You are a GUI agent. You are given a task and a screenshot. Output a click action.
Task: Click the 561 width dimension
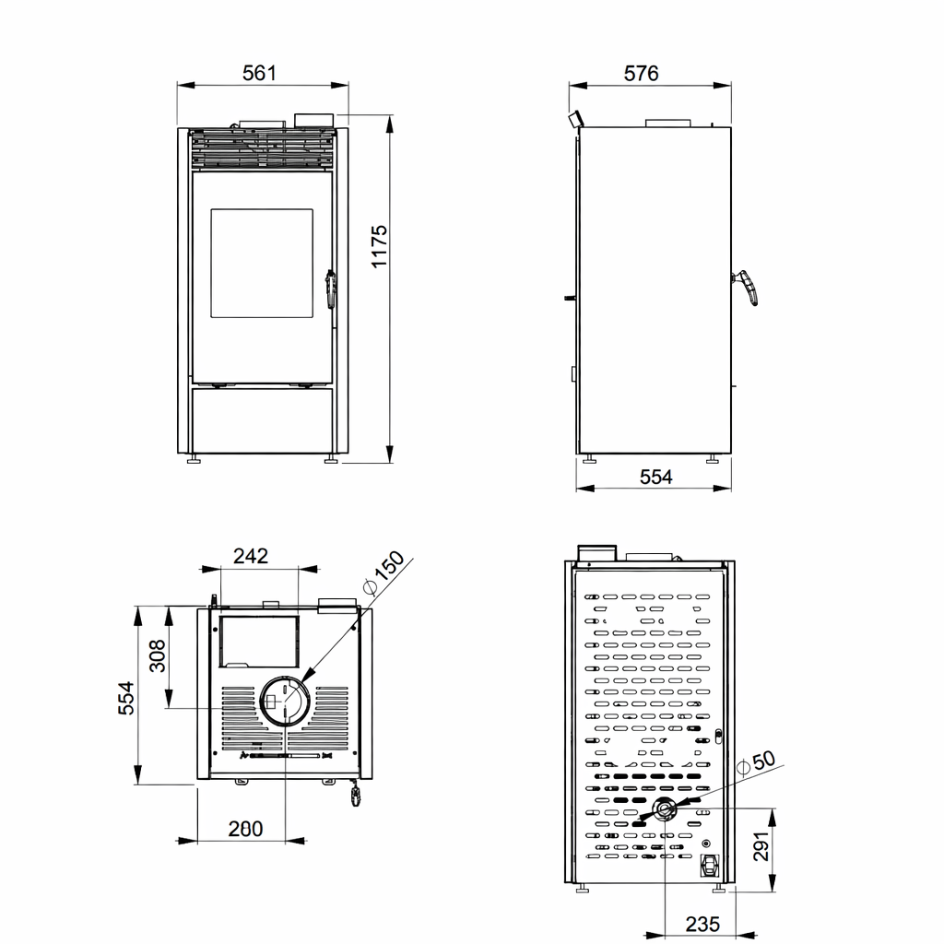point(259,73)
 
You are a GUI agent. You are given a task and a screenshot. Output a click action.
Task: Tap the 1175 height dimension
point(379,246)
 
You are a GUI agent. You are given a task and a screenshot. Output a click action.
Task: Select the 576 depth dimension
point(642,74)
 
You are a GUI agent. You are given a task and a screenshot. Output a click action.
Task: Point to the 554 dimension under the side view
point(655,477)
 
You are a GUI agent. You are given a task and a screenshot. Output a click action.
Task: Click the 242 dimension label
point(251,556)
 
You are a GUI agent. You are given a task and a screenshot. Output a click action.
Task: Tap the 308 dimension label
point(157,655)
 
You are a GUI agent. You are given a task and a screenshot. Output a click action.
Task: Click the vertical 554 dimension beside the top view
point(125,698)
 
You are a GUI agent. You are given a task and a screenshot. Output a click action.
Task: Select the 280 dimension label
point(245,829)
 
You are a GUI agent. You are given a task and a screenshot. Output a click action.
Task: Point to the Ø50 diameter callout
point(756,762)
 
